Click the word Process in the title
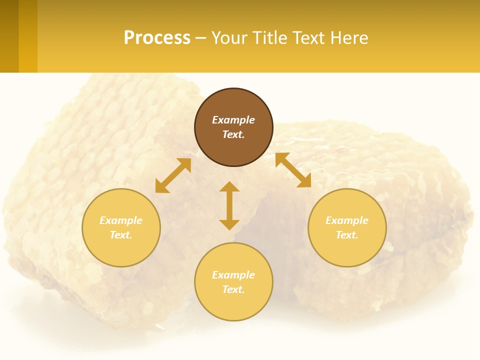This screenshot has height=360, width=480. [x=157, y=38]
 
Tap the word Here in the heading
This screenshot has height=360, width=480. [x=349, y=38]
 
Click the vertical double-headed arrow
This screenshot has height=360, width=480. [x=229, y=205]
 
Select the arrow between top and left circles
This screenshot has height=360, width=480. [x=173, y=175]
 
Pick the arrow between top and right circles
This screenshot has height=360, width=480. [x=293, y=170]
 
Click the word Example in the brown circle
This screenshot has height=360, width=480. [x=233, y=120]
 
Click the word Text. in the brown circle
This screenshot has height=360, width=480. [x=233, y=134]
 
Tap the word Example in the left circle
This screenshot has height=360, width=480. [x=121, y=220]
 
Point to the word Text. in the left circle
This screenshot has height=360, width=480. [x=121, y=235]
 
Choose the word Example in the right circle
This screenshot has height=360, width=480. [x=347, y=220]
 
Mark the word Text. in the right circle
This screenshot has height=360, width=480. [x=347, y=235]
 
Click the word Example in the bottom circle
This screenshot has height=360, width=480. [x=233, y=275]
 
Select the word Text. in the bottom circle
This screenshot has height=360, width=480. [x=233, y=289]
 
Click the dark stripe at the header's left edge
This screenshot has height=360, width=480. [x=9, y=36]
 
